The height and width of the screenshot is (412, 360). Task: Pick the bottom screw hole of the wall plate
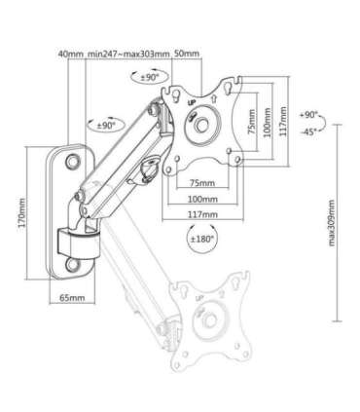point(74,261)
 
